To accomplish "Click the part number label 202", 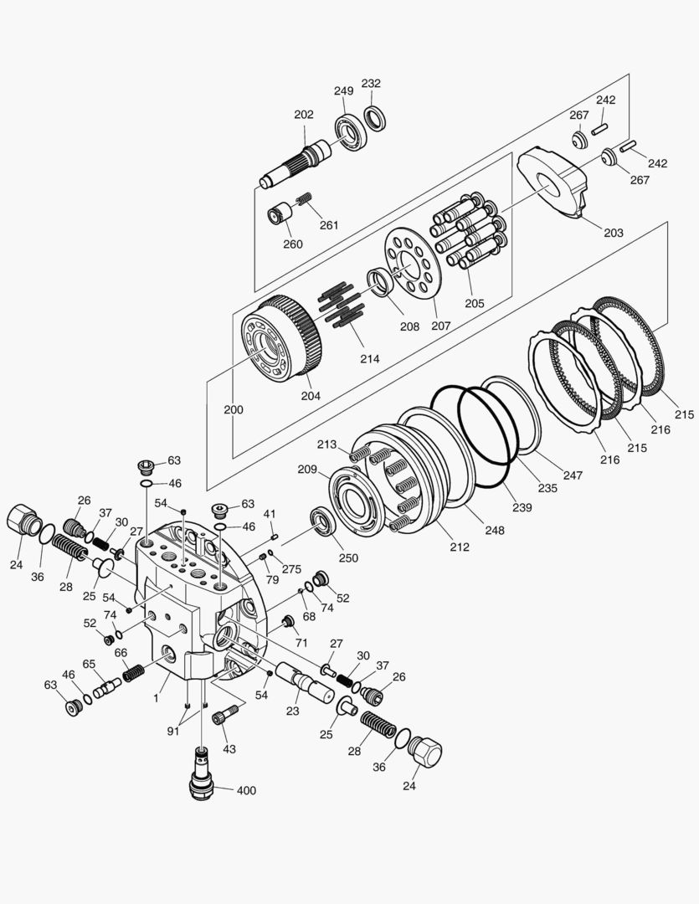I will click(x=303, y=115).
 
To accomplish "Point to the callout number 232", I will click(x=371, y=84).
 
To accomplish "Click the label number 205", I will click(x=474, y=303).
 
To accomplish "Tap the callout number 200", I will click(x=234, y=410).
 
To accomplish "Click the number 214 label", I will click(x=369, y=358).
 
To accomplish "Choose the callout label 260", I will click(x=292, y=244).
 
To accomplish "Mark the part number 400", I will click(x=246, y=790).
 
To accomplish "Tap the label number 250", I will click(x=347, y=558).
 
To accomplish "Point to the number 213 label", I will click(x=326, y=444).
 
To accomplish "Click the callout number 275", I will click(x=290, y=569).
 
